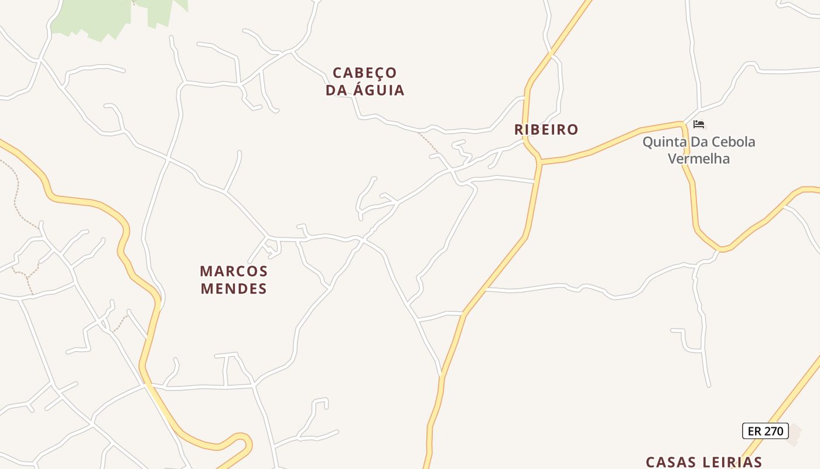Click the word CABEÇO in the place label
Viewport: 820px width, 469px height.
(365, 73)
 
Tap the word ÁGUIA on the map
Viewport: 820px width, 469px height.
(379, 90)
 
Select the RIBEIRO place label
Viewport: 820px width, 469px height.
(546, 130)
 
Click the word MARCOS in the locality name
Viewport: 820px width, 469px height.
(234, 271)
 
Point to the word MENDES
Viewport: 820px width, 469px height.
(234, 288)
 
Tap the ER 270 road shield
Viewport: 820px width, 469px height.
(766, 431)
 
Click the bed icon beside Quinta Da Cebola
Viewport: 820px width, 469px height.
(699, 124)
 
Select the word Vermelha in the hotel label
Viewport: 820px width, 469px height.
(699, 159)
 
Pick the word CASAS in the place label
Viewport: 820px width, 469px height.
(674, 462)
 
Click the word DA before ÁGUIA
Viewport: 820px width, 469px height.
(337, 90)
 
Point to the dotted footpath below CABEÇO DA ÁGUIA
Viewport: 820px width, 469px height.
(428, 142)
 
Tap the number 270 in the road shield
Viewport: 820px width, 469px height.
(774, 431)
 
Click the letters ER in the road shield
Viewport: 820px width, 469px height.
(755, 431)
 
